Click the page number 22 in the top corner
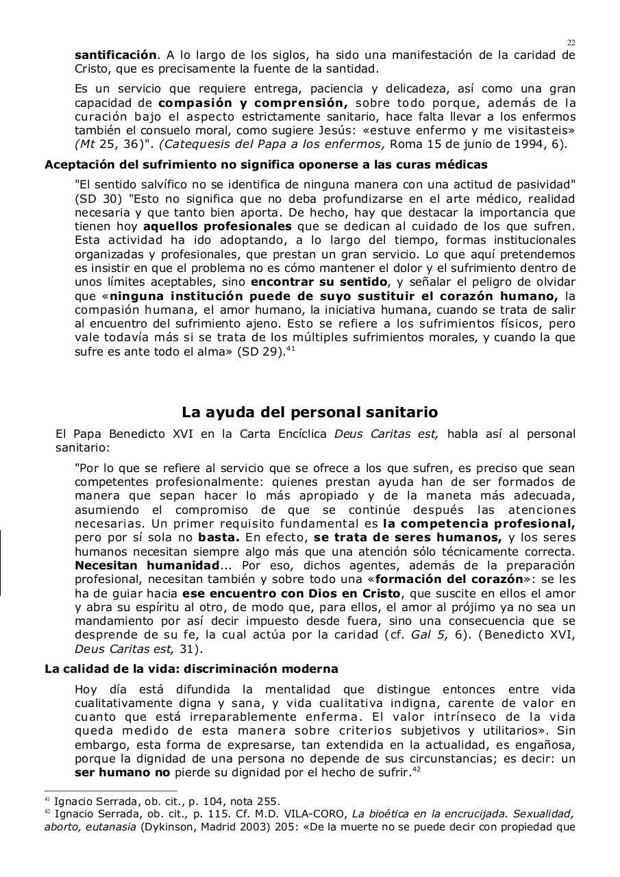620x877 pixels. click(x=571, y=42)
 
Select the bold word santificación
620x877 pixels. click(x=115, y=55)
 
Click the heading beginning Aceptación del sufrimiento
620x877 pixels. click(x=266, y=164)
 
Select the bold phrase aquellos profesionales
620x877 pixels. click(x=217, y=226)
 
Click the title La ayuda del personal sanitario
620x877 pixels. click(x=310, y=412)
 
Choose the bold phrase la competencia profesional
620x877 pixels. click(x=479, y=524)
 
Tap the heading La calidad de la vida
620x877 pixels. click(x=191, y=669)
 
